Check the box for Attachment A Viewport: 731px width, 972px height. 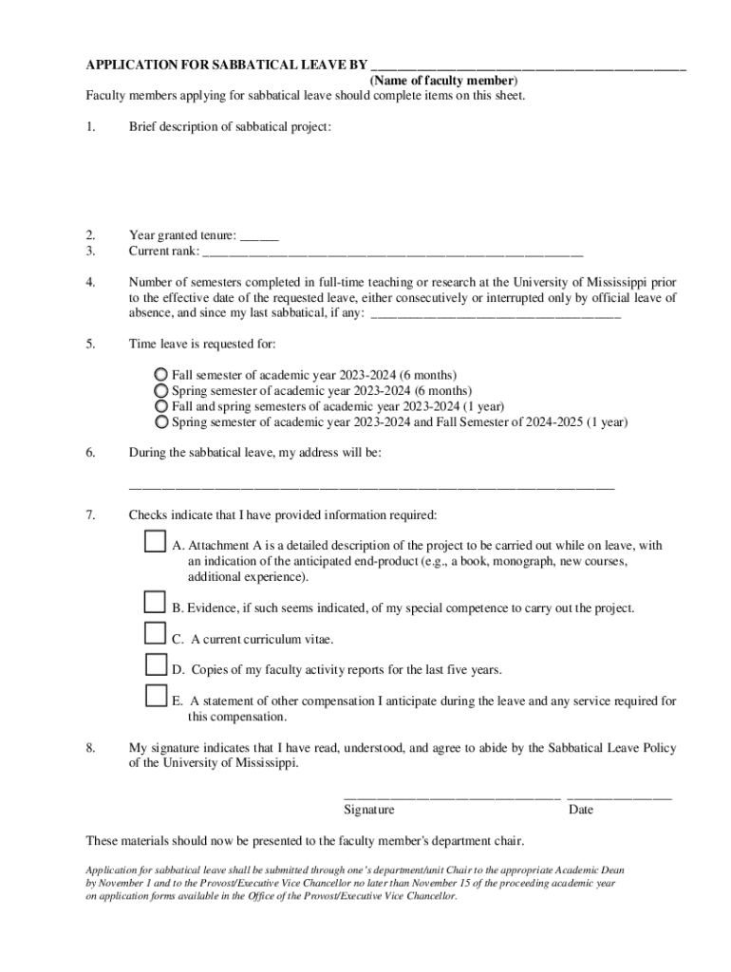click(156, 542)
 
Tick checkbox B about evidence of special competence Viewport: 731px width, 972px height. click(156, 602)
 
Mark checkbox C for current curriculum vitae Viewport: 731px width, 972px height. click(156, 633)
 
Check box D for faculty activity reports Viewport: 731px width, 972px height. click(156, 664)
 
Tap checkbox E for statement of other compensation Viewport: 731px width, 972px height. click(156, 696)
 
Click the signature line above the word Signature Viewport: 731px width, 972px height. click(452, 795)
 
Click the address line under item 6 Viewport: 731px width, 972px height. click(371, 487)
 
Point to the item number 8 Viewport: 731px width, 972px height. click(90, 748)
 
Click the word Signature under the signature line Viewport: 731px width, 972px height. click(368, 810)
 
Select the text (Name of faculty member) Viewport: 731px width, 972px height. click(443, 81)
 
